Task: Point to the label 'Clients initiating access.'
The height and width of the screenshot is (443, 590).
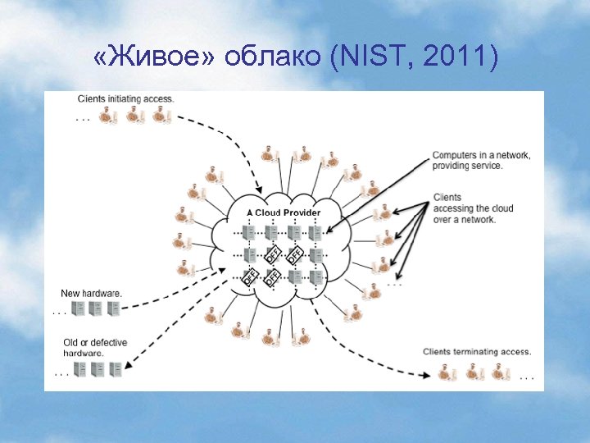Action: tap(126, 99)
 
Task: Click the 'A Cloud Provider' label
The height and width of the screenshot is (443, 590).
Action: tap(284, 212)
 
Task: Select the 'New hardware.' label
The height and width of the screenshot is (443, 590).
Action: tap(92, 293)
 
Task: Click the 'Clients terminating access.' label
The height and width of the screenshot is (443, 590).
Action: tap(477, 351)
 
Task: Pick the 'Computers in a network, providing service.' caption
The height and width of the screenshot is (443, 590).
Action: tap(481, 160)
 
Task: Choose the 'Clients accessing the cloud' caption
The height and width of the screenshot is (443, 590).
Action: tap(473, 208)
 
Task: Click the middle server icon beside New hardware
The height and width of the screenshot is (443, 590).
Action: tap(96, 309)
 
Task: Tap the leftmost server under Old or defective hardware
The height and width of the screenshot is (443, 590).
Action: tap(80, 369)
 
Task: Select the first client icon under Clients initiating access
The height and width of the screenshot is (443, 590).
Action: tap(107, 116)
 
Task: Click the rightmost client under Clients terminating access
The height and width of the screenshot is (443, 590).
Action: tap(499, 372)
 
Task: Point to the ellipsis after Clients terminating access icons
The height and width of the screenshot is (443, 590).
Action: tap(526, 378)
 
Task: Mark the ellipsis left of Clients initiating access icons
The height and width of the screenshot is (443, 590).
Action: tap(83, 120)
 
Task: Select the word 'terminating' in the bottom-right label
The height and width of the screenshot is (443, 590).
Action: tap(478, 351)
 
